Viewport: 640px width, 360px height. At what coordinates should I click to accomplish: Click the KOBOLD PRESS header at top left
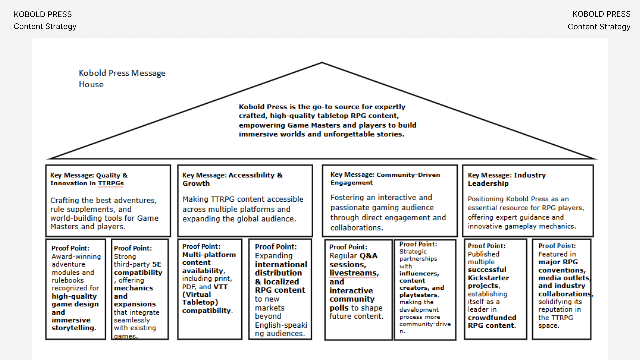tap(43, 14)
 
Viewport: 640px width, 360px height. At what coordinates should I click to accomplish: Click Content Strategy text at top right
tap(599, 27)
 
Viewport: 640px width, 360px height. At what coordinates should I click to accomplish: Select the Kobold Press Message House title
tap(122, 78)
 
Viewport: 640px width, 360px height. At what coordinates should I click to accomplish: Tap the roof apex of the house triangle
tap(322, 63)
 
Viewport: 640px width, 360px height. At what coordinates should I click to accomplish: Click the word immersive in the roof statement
tap(255, 134)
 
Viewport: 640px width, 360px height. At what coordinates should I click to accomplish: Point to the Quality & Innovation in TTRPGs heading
tap(89, 179)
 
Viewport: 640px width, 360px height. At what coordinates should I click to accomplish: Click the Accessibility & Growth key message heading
tap(232, 179)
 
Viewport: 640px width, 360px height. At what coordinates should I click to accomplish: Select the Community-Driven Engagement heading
tap(385, 178)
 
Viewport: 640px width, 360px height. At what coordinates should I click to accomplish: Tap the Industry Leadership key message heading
tap(507, 179)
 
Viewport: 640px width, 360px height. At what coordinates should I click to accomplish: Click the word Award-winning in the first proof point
tap(76, 257)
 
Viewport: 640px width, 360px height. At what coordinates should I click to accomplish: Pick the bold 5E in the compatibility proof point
tap(157, 264)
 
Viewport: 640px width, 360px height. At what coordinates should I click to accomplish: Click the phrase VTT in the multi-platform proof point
tap(220, 287)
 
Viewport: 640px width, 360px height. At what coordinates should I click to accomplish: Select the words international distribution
tap(281, 269)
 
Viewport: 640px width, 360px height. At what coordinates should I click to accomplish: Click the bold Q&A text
tap(368, 256)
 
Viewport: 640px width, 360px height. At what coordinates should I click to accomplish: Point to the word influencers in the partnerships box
tap(419, 274)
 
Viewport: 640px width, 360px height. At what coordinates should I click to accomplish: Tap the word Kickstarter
tap(488, 278)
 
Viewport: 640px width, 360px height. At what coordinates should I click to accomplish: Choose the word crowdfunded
tap(492, 318)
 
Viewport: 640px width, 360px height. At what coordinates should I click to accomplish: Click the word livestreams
tap(354, 273)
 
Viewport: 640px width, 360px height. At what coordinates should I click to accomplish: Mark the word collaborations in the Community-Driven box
tap(356, 228)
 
